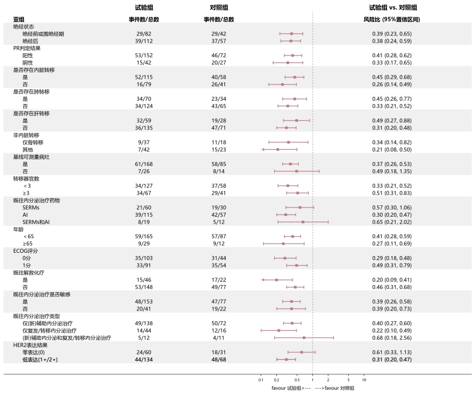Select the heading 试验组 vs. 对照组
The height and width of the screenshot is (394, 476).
(396, 8)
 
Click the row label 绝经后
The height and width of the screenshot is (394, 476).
(30, 41)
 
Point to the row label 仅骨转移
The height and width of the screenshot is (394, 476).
(33, 142)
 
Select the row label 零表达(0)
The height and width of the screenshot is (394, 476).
(35, 352)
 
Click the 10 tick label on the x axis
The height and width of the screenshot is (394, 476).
(364, 380)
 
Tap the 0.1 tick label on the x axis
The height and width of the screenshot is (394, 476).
(261, 380)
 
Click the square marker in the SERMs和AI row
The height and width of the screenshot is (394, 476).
(303, 222)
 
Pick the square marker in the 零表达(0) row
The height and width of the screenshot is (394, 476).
(301, 352)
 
